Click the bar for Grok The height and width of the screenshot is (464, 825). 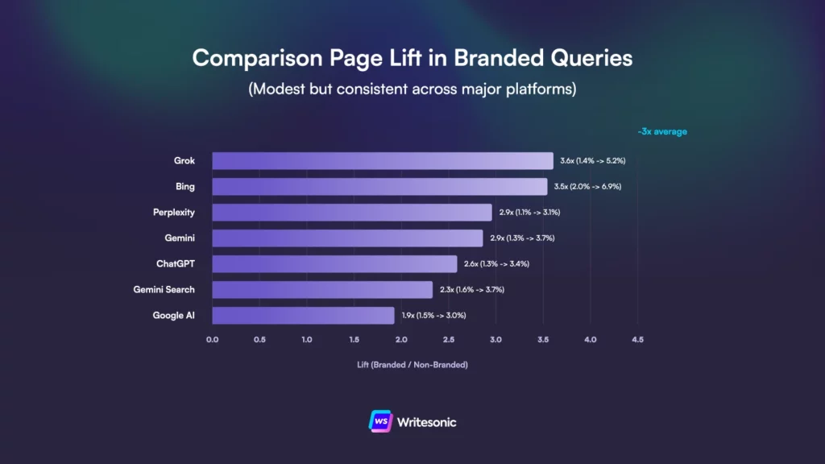pos(383,161)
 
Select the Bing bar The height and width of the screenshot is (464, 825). pos(379,187)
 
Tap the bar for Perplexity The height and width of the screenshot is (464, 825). pos(352,213)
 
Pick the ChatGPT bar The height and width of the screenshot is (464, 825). pos(334,264)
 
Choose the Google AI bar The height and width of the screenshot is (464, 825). pos(303,316)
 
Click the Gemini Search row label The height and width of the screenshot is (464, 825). pos(164,290)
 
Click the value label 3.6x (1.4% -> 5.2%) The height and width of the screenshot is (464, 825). pos(592,161)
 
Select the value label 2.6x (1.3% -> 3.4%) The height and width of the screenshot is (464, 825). pos(496,264)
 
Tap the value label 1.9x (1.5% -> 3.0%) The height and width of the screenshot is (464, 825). pos(433,316)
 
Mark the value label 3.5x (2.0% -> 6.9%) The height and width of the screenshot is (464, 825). pos(587,187)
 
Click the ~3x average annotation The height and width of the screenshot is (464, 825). pos(661,131)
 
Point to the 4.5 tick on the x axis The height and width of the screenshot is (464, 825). pos(637,340)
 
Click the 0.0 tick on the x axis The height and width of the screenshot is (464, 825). pos(212,340)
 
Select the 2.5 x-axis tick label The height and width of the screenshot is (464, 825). pos(448,340)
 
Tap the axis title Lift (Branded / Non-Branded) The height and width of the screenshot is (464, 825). pos(412,365)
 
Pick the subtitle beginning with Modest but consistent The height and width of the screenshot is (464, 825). pos(412,89)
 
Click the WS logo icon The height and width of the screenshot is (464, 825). pos(379,421)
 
